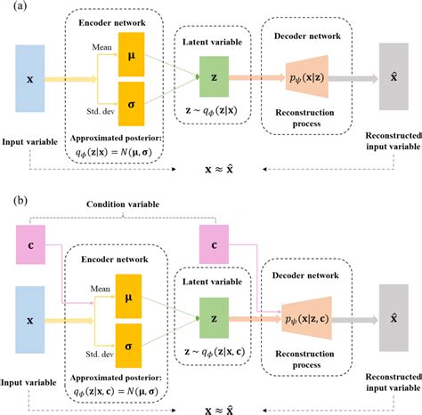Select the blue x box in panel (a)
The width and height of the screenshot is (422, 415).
[30, 78]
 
